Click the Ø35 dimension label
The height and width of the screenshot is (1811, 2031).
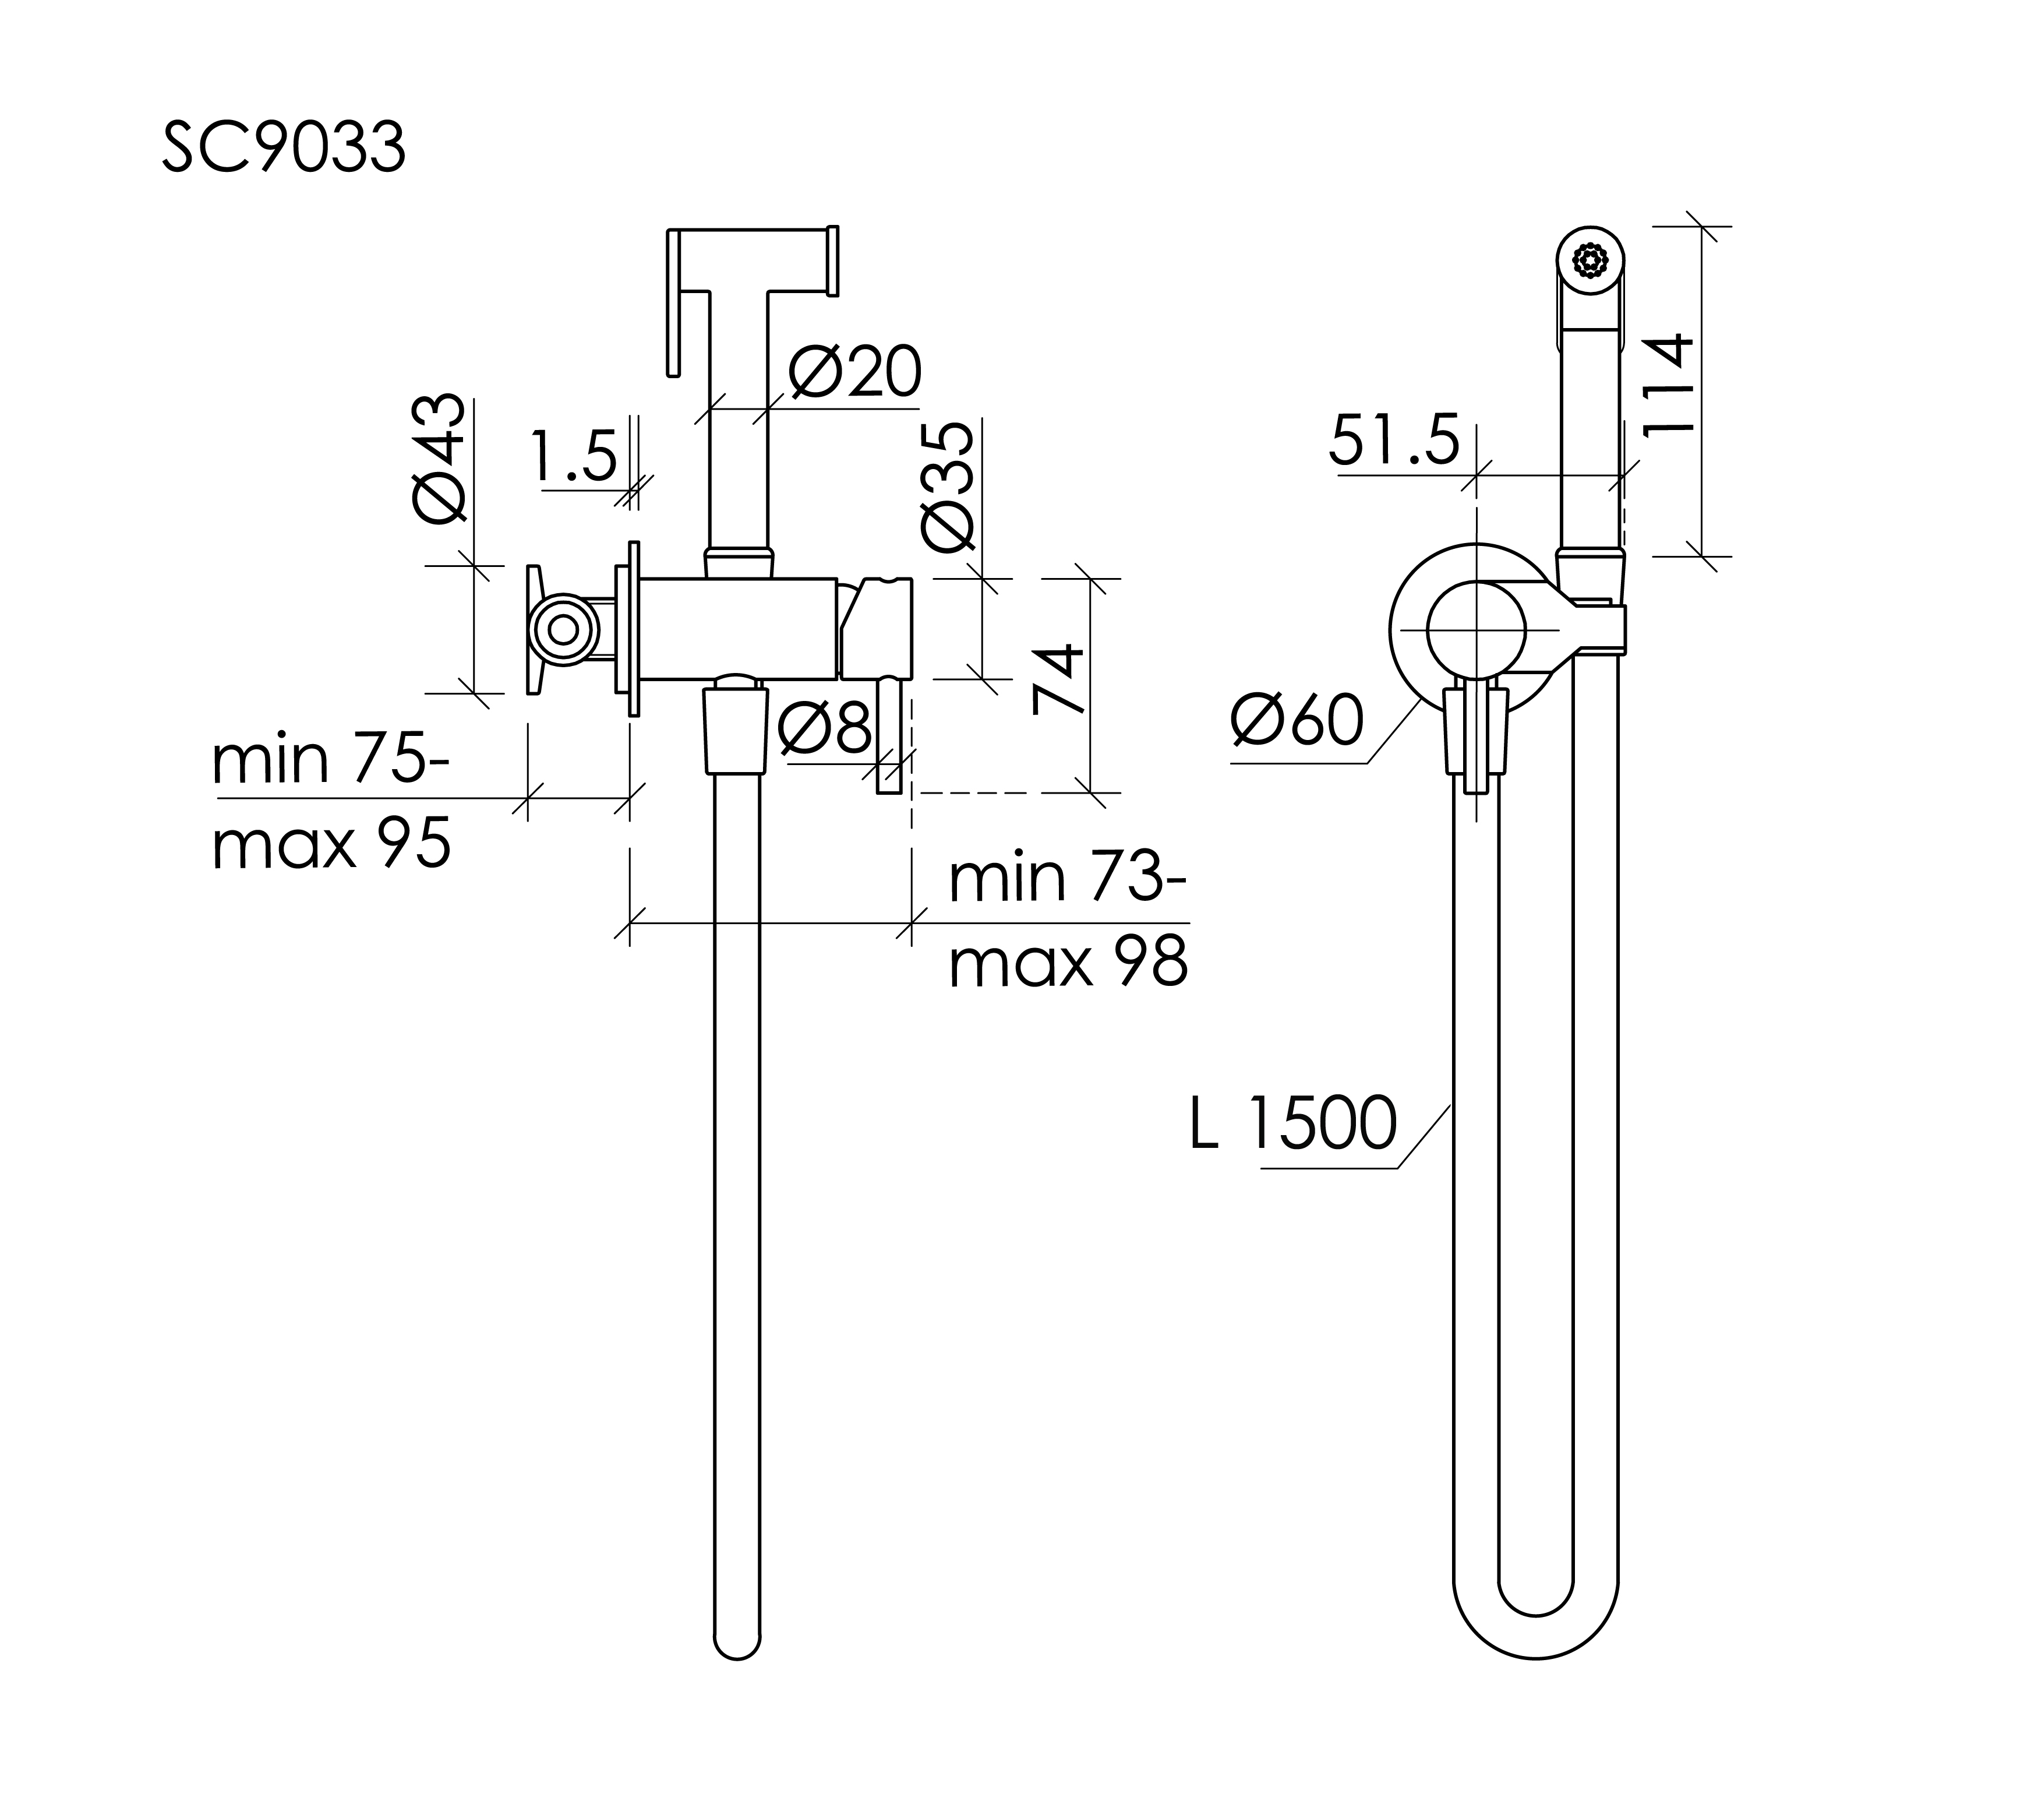point(948,485)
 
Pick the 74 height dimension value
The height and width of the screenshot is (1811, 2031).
point(1057,679)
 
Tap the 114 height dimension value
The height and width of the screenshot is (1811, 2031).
point(1667,382)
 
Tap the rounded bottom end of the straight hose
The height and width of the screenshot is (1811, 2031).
point(737,1647)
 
